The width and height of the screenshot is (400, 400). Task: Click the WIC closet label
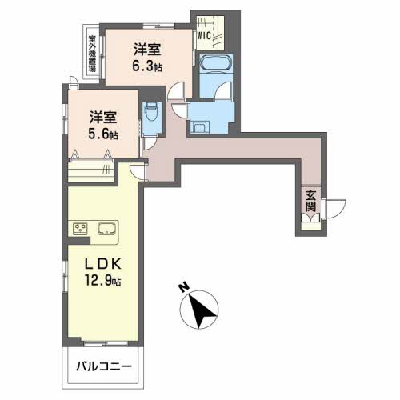click(x=204, y=35)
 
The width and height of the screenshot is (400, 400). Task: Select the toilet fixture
click(x=152, y=112)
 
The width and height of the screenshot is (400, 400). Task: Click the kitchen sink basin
click(x=106, y=229)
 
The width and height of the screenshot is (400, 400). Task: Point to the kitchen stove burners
click(x=80, y=229)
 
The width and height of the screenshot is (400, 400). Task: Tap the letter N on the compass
click(x=184, y=288)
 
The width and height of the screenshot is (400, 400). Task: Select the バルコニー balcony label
click(x=104, y=366)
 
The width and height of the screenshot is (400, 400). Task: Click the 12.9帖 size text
click(x=103, y=280)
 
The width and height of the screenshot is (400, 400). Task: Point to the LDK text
click(x=103, y=264)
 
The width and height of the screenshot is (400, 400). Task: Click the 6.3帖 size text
click(x=147, y=66)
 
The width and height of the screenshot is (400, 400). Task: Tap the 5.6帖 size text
click(x=103, y=134)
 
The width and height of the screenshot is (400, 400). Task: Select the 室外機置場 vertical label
click(x=92, y=54)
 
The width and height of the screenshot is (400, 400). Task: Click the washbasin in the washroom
click(x=198, y=128)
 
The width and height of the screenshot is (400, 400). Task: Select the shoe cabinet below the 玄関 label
click(x=310, y=226)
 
